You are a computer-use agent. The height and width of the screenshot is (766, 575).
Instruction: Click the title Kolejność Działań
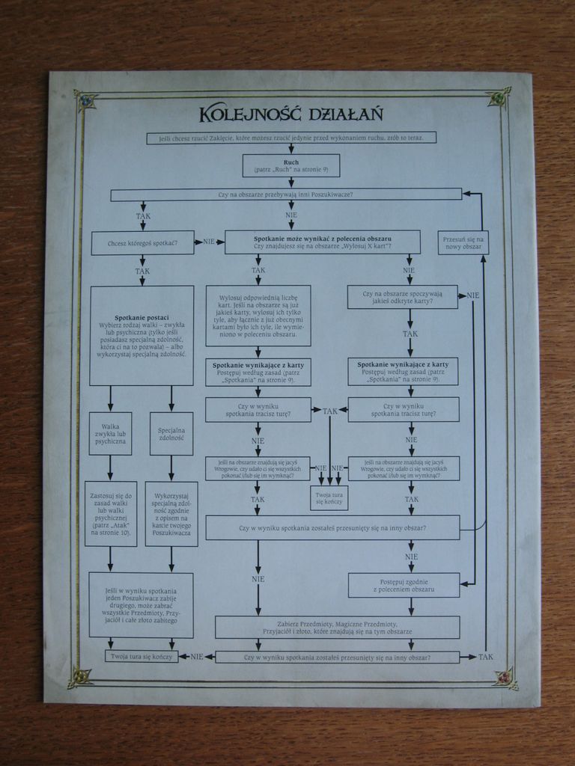pos(291,114)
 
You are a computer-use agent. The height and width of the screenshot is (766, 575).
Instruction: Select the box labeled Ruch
pos(291,165)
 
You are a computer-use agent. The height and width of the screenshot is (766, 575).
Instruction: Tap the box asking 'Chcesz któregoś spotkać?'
pos(142,242)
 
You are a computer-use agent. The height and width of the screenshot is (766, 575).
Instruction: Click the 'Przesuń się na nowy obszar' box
pos(463,242)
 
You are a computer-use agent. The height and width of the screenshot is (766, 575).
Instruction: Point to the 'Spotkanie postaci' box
pos(142,335)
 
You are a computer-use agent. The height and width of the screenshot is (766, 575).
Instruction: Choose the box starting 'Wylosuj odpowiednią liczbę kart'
pos(258,315)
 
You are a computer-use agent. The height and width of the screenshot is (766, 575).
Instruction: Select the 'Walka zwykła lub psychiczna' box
pos(110,434)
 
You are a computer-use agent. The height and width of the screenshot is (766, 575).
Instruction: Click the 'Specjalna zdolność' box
pos(171,434)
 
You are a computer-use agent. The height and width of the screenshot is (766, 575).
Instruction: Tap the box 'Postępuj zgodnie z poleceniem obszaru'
pos(404,585)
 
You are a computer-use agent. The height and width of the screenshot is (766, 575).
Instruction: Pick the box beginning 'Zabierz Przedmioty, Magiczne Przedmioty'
pos(337,627)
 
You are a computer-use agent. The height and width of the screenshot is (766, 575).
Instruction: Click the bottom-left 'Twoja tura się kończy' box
pos(142,657)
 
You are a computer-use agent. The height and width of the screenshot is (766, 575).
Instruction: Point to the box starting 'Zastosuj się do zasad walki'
pos(110,513)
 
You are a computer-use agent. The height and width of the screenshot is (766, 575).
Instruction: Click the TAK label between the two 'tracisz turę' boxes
pos(329,411)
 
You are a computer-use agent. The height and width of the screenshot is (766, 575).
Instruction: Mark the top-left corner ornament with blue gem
pos(85,99)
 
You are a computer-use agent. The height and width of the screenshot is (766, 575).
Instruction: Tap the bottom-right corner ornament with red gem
pos(504,676)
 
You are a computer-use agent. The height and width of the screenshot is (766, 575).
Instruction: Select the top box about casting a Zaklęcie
pos(291,138)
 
